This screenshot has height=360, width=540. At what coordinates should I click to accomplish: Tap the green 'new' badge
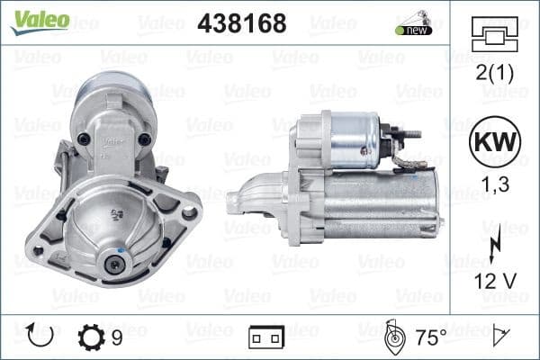coord(413,30)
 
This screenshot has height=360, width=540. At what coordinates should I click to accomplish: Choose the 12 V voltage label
coord(493,281)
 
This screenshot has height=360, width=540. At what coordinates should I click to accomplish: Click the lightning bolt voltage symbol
coord(493,246)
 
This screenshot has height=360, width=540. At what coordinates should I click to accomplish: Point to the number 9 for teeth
coord(117,338)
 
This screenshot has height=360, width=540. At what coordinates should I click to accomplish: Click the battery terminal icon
coord(266,338)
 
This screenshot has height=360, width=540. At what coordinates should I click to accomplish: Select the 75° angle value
coord(431,338)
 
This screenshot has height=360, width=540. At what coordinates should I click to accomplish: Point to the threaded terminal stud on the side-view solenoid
coord(411,134)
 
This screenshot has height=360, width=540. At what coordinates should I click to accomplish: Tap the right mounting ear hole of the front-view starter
coord(188,213)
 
